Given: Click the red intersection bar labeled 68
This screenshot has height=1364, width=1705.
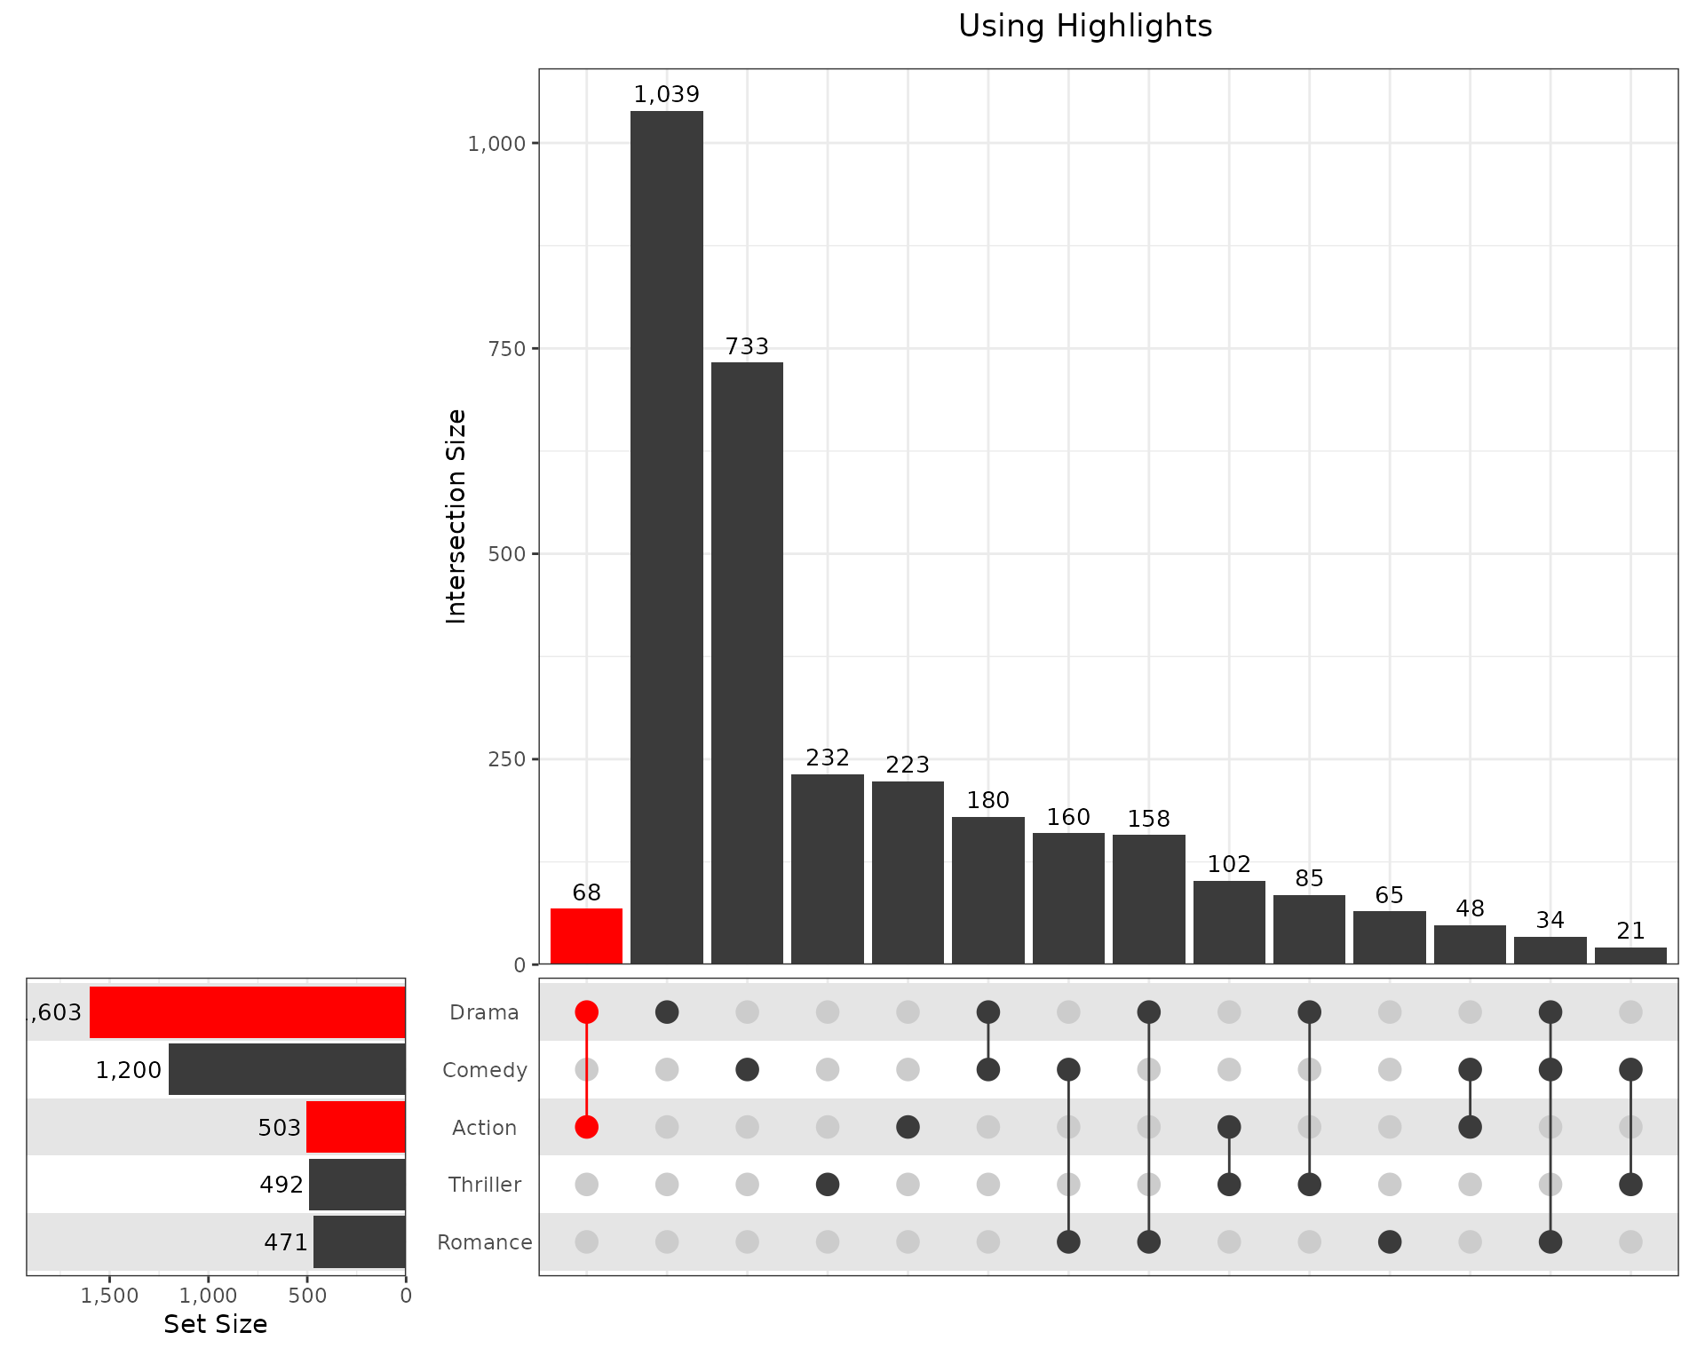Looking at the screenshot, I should (x=586, y=936).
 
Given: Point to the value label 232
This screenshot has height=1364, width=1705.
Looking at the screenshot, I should (x=828, y=758).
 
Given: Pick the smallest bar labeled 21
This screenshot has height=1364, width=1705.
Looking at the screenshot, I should (x=1630, y=956).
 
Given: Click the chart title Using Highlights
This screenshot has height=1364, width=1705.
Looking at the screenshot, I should (x=1085, y=27).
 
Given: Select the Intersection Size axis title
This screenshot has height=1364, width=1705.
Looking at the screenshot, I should (x=456, y=516).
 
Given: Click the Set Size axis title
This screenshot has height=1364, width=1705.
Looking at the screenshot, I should (x=216, y=1324).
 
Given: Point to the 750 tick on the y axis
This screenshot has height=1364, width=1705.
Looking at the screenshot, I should (x=507, y=349).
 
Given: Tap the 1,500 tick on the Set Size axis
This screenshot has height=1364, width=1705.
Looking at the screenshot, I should (x=110, y=1296).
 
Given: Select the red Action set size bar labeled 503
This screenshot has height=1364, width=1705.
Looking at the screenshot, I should (x=355, y=1127).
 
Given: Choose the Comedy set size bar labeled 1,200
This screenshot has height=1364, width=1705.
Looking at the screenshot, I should (x=287, y=1069).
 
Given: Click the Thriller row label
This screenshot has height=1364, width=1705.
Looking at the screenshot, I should (x=485, y=1185).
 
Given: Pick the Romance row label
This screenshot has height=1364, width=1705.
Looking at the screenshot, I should (x=485, y=1242).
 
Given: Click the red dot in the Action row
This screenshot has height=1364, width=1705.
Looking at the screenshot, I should (x=586, y=1127).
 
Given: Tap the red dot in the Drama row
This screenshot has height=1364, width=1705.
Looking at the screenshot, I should (x=586, y=1012).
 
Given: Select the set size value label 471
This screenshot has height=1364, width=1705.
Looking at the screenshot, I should (x=286, y=1242).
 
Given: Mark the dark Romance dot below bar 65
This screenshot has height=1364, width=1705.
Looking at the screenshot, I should (x=1390, y=1241).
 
